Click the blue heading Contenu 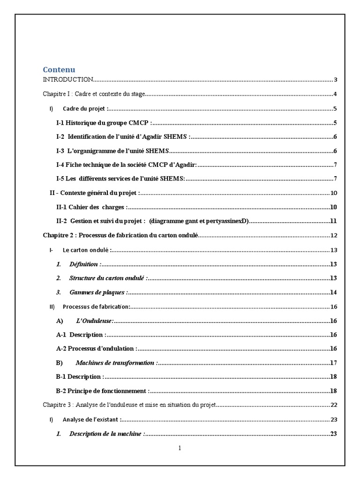(x=59, y=70)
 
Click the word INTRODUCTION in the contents (x=68, y=80)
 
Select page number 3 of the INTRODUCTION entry (x=336, y=80)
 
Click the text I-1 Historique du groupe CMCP (x=104, y=123)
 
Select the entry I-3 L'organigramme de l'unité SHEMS (x=112, y=151)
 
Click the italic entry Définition (x=84, y=264)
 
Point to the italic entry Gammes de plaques (x=97, y=292)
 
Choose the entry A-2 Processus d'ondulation (x=96, y=349)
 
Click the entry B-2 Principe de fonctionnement (x=102, y=391)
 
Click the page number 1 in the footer (x=180, y=448)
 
